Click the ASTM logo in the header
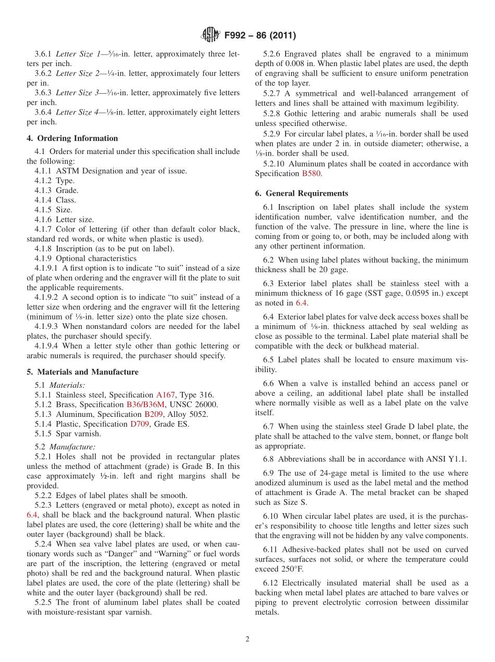pos(211,35)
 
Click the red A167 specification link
pos(165,395)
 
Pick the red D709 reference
pos(139,424)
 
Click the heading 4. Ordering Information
pos(72,138)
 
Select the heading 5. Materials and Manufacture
pos(82,372)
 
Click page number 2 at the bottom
pos(247,639)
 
